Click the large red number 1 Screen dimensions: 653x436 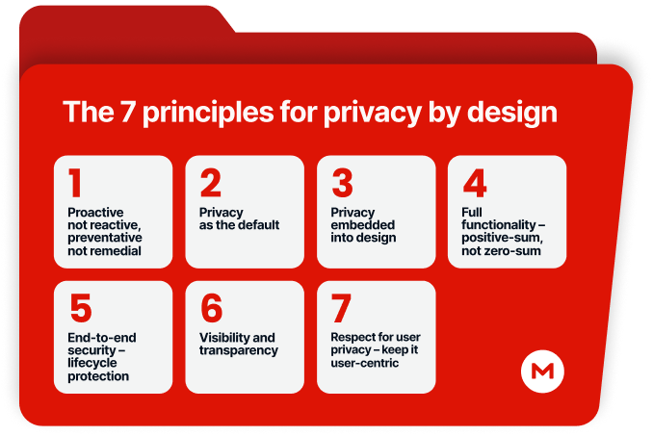[x=75, y=183]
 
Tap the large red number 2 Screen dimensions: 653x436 [x=210, y=183]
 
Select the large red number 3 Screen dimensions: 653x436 [x=342, y=183]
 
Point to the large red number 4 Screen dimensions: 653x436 [x=475, y=183]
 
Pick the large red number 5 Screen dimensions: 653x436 [x=81, y=308]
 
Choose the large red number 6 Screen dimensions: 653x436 [x=212, y=308]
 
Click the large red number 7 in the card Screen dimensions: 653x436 [x=341, y=308]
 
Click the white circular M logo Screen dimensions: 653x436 [x=542, y=372]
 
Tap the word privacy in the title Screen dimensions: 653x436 [x=373, y=114]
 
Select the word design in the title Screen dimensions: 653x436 [x=511, y=114]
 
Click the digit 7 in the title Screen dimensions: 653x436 [x=127, y=112]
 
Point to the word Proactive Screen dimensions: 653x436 [x=95, y=212]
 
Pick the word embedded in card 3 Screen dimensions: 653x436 [x=363, y=224]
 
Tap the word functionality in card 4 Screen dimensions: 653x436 [x=499, y=225]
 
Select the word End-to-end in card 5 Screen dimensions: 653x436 [x=102, y=338]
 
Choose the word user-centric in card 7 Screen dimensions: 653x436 [x=365, y=363]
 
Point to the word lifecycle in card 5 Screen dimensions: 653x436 [x=92, y=363]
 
